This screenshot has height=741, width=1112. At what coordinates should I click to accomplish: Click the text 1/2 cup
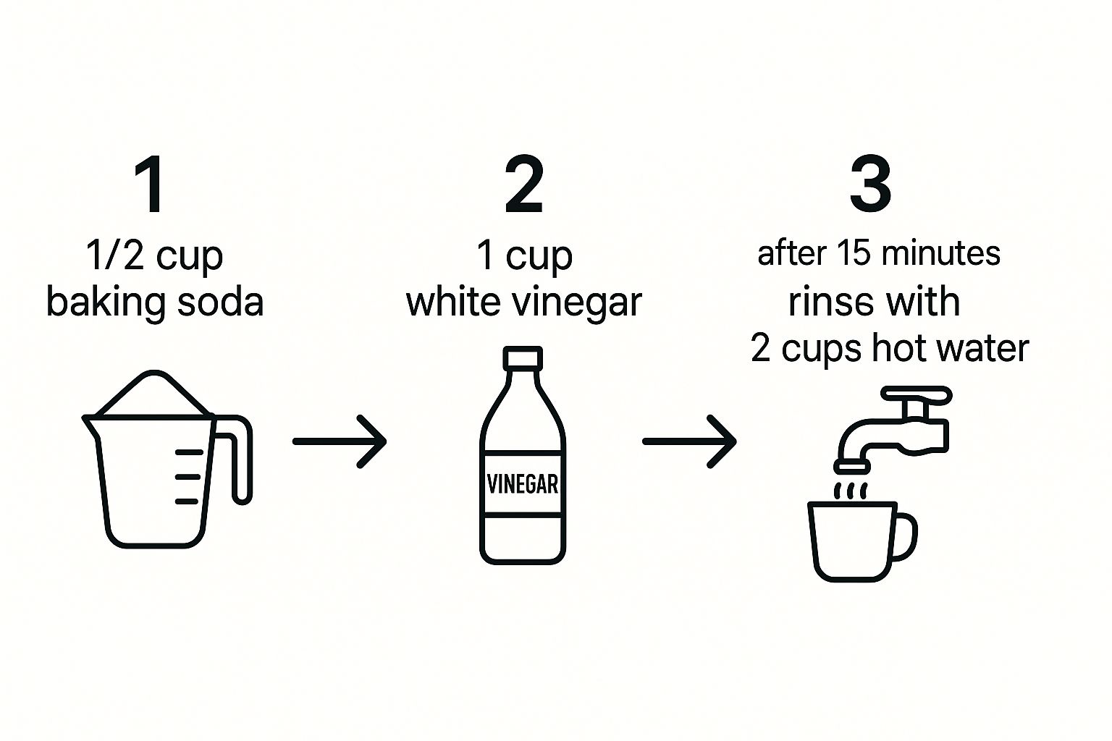pos(154,256)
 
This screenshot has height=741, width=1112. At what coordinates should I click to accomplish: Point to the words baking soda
pos(154,302)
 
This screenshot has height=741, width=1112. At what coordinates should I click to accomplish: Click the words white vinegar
pos(523,302)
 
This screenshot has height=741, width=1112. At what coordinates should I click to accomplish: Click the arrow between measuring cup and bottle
pos(340,441)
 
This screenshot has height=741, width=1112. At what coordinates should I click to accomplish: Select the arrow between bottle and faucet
pos(689,441)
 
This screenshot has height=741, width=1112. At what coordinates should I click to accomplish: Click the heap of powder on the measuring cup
pos(154,393)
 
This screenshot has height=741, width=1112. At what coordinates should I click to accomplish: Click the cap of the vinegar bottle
pos(523,358)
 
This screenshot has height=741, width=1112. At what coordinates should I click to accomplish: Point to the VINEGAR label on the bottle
pos(523,484)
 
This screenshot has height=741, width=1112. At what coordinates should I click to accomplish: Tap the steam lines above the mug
pos(851,491)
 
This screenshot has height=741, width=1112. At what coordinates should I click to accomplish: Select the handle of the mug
pos(906,536)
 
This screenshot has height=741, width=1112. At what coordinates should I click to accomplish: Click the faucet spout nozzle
pos(852,467)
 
